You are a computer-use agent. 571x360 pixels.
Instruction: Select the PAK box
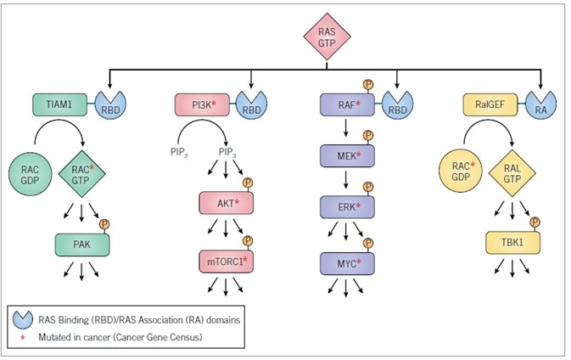[81, 245]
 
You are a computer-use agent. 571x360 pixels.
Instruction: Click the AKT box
[226, 204]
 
